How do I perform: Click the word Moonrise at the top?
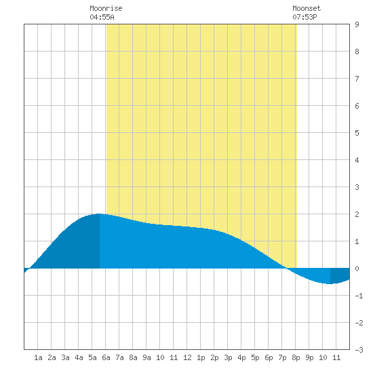(x=106, y=8)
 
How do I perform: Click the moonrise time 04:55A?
(x=102, y=17)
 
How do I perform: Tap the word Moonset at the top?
(x=307, y=8)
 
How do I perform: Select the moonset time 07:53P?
(x=305, y=17)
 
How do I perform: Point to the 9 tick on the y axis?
(x=357, y=24)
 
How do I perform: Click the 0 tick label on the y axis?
(x=357, y=269)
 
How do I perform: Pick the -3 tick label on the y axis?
(x=359, y=350)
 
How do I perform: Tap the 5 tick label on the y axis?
(x=357, y=133)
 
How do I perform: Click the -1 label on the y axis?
(x=359, y=296)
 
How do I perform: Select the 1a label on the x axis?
(x=38, y=357)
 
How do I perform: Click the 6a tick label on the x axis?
(x=106, y=357)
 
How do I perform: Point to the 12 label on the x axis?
(x=187, y=357)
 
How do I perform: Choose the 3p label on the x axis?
(x=228, y=357)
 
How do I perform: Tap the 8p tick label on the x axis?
(x=296, y=357)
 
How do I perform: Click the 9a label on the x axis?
(x=146, y=357)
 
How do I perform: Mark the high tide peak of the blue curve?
(x=99, y=214)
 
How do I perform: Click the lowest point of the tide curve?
(x=330, y=283)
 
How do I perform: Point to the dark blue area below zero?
(x=340, y=275)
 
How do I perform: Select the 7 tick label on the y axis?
(x=357, y=79)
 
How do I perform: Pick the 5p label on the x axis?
(x=255, y=357)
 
